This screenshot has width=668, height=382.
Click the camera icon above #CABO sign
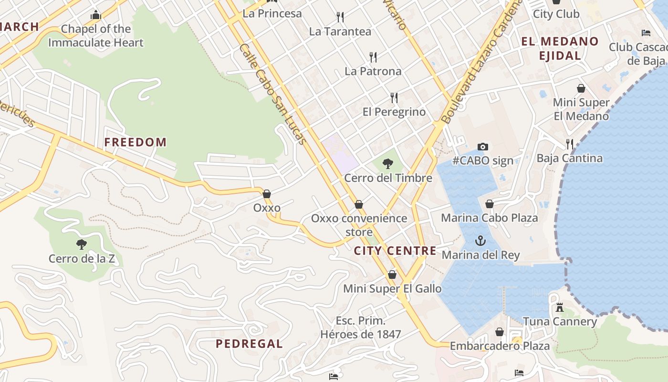tap(483, 147)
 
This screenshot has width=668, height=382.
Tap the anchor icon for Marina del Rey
tap(480, 241)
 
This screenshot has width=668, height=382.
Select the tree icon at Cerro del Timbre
tap(388, 164)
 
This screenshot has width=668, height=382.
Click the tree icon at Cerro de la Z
tap(82, 244)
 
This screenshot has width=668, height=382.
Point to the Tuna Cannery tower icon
tap(560, 308)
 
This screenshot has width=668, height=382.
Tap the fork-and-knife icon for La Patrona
tap(373, 57)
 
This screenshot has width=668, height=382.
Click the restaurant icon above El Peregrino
tap(394, 98)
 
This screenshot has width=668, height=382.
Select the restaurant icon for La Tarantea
tap(340, 18)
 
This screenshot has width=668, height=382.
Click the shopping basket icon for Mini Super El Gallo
tap(392, 275)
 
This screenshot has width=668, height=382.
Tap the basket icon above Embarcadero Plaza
tap(500, 332)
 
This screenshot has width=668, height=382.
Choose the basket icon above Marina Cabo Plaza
tap(490, 204)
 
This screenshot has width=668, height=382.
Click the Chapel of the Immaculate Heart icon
tap(96, 15)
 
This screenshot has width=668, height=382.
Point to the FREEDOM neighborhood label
tap(136, 142)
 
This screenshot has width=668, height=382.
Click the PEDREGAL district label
tap(249, 343)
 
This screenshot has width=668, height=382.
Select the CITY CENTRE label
tap(395, 251)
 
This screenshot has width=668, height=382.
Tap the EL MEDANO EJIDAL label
tap(560, 48)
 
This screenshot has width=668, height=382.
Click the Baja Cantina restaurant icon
tap(569, 144)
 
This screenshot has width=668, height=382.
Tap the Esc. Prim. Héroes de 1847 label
tap(361, 328)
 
